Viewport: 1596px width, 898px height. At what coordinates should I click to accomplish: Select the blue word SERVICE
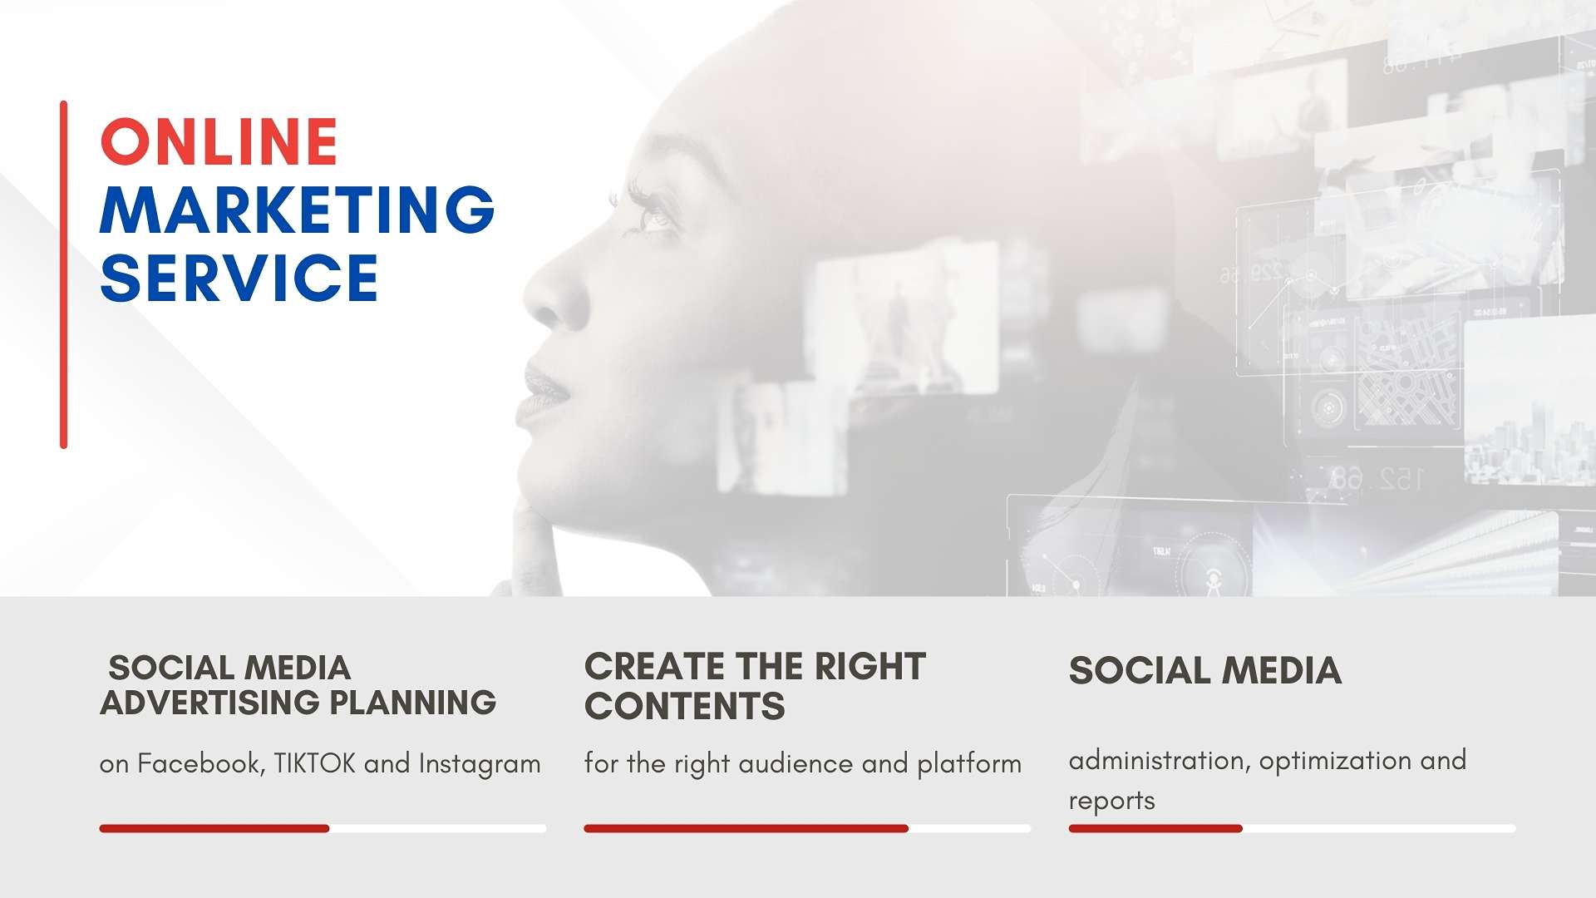(239, 278)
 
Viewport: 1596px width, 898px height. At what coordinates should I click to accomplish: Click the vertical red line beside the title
(63, 274)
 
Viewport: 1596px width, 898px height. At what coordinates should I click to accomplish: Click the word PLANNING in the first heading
(412, 703)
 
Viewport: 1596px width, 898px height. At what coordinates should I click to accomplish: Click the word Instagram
(480, 764)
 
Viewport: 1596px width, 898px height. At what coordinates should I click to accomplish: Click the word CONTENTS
(684, 707)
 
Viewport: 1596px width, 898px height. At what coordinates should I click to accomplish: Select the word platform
(969, 763)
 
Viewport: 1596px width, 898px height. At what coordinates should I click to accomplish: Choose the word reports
(1111, 801)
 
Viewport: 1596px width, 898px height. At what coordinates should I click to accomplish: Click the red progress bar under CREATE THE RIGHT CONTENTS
(746, 828)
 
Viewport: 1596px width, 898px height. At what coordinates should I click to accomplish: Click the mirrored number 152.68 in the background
(1377, 478)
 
